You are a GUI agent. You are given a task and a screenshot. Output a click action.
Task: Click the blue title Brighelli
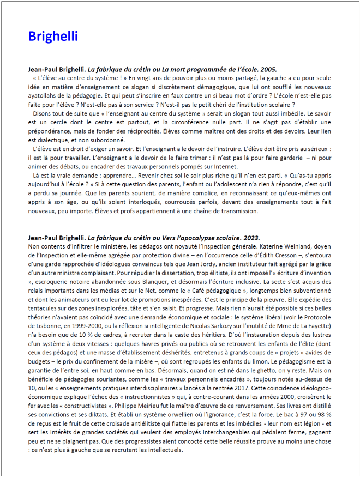coord(53,37)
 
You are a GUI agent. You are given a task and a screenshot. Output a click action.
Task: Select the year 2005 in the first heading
coord(269,70)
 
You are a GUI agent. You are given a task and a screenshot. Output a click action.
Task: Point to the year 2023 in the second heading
coord(252,238)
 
